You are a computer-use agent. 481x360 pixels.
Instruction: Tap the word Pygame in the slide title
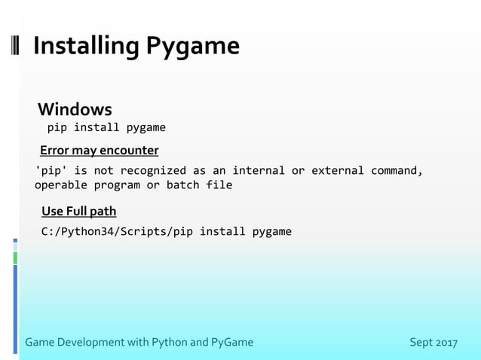192,47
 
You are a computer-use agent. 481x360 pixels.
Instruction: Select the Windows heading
75,109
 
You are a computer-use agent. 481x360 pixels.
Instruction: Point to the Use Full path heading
78,211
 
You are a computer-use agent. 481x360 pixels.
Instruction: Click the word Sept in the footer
421,343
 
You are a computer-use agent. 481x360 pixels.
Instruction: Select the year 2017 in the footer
447,343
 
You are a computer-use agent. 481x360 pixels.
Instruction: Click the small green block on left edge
14,258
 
